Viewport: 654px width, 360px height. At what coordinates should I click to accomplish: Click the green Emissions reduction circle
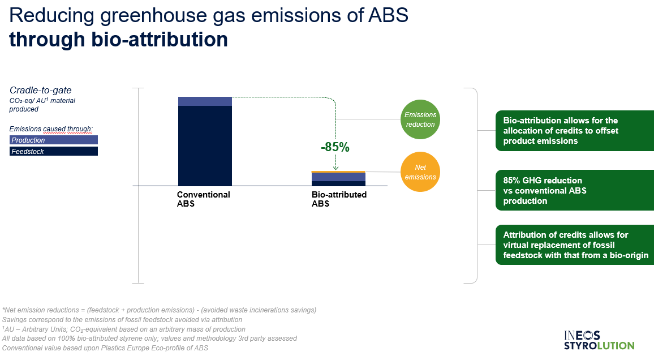point(420,119)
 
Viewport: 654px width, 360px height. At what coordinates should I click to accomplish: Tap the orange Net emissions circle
point(420,172)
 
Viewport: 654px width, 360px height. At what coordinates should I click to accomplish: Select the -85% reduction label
point(335,147)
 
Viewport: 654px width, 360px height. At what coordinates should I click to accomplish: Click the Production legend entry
point(53,140)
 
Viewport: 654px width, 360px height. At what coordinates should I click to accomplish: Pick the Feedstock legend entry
point(53,151)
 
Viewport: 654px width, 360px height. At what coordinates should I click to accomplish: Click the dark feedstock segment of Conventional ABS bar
point(205,145)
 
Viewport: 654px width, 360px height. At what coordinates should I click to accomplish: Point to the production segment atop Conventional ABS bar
point(205,101)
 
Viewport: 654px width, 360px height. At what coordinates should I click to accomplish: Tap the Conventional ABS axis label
point(203,199)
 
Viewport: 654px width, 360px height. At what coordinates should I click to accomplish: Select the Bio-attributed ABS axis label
point(339,199)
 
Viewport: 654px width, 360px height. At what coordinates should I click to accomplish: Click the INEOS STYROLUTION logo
point(599,340)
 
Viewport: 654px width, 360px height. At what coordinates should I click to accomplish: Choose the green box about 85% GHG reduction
point(575,190)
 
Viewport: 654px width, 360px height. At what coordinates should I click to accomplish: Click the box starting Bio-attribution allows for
point(575,131)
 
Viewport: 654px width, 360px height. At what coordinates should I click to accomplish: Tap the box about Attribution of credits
point(575,245)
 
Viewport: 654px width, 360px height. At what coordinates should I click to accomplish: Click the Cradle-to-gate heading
point(41,90)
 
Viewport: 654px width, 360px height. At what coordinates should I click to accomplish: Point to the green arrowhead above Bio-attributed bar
point(335,168)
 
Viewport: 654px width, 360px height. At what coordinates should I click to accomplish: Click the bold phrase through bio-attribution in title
point(118,40)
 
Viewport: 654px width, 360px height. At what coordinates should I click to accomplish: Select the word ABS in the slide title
point(388,15)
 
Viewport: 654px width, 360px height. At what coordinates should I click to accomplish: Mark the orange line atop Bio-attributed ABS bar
point(338,172)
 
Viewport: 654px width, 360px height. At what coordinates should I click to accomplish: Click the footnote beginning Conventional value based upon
point(105,348)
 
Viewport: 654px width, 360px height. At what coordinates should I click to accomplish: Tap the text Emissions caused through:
point(51,129)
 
